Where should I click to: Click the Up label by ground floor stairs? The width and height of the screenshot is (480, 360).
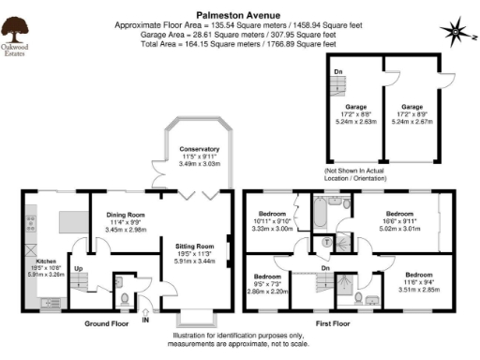coord(78,268)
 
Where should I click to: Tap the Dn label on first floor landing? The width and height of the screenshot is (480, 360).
coord(324,267)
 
